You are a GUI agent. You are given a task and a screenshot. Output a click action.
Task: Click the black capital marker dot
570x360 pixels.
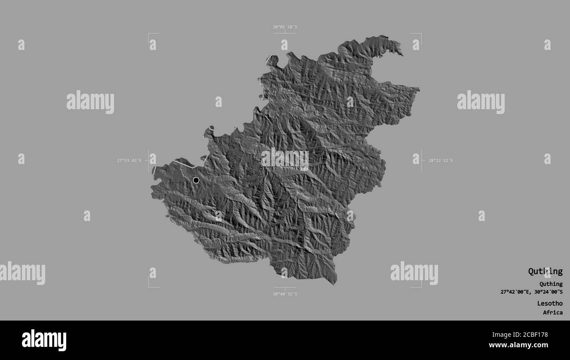click(x=196, y=180)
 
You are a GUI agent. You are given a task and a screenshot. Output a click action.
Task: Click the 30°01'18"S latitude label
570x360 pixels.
click(x=285, y=27)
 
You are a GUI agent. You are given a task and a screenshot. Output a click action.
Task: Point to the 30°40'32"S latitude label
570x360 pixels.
click(x=285, y=294)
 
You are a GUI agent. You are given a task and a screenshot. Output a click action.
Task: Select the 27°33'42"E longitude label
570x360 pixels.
click(x=129, y=160)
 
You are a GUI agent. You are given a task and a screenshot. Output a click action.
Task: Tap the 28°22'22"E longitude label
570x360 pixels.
click(x=440, y=160)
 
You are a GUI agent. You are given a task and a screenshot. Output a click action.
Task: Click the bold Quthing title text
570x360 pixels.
click(x=545, y=271)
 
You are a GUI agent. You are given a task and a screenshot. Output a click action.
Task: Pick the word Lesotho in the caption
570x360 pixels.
click(x=550, y=303)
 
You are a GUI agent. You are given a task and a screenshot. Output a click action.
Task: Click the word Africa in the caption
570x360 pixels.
click(x=552, y=313)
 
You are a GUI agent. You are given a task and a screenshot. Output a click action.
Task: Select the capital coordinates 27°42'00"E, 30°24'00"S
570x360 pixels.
click(x=531, y=292)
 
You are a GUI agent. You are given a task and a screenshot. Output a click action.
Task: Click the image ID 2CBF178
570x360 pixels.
click(x=532, y=335)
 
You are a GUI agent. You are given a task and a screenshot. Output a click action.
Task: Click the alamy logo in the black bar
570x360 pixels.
click(x=44, y=340)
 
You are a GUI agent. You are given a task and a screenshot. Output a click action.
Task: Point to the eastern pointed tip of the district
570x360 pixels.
click(x=418, y=89)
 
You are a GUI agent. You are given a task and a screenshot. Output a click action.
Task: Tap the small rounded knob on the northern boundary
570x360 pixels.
click(x=272, y=60)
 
